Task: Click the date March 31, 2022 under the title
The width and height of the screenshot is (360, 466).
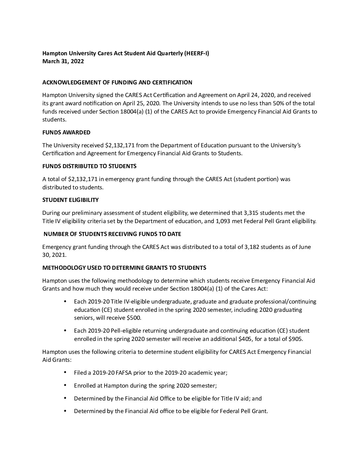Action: (x=63, y=61)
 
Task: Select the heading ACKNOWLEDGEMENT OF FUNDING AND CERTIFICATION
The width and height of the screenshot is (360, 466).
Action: (x=117, y=82)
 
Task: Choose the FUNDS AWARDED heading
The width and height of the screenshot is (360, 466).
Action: (x=66, y=132)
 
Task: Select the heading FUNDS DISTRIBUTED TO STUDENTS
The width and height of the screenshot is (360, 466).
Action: (x=89, y=166)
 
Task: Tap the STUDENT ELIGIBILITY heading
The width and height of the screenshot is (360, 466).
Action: (x=70, y=200)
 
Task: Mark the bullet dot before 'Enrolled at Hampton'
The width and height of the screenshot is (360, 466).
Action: (x=65, y=385)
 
